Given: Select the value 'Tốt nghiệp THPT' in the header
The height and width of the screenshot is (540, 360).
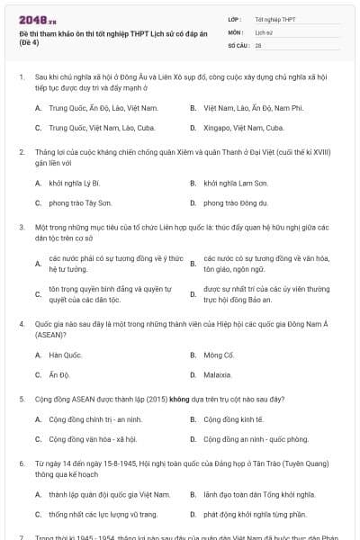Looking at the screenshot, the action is click(273, 18).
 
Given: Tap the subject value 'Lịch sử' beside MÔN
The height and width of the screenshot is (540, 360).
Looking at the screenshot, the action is click(264, 31).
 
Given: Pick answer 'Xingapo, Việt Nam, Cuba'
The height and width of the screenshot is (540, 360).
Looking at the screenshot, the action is click(236, 128).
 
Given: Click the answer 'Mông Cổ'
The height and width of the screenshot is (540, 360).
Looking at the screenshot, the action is click(219, 355).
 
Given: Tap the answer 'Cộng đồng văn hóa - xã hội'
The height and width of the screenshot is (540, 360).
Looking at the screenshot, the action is click(93, 439).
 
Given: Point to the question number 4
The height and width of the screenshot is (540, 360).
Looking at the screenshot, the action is click(21, 322).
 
